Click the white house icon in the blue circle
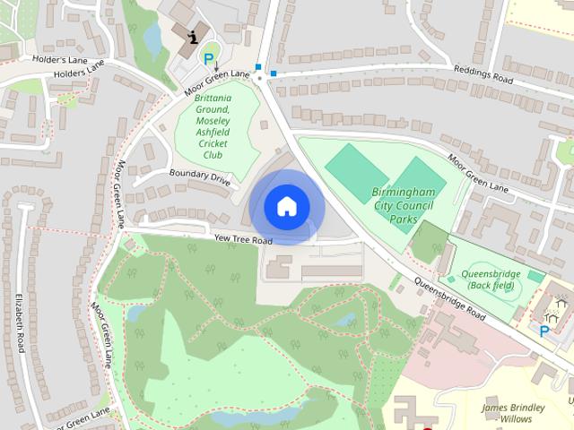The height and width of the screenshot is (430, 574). coord(286,206)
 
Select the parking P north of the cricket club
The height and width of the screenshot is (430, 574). coord(209,60)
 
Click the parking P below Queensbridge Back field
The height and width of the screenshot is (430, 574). coord(544,331)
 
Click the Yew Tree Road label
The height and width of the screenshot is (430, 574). coord(243,241)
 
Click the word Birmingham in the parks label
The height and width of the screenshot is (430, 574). coord(404,193)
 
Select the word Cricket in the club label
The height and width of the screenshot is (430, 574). coord(213,143)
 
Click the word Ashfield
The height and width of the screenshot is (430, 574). coord(213,132)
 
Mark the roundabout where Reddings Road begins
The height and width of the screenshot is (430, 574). coord(259,78)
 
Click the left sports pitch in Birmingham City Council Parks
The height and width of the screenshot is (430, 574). coord(352,165)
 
